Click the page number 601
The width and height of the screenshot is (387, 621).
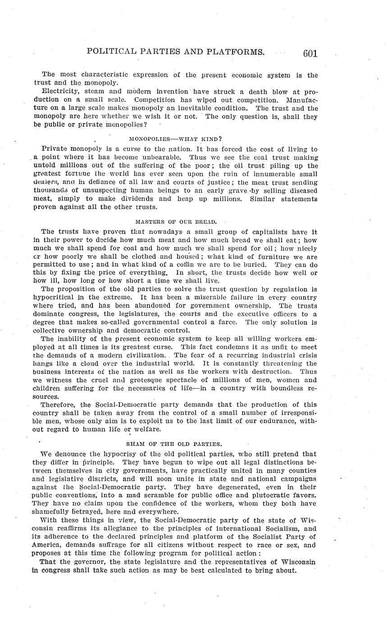tap(310, 54)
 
